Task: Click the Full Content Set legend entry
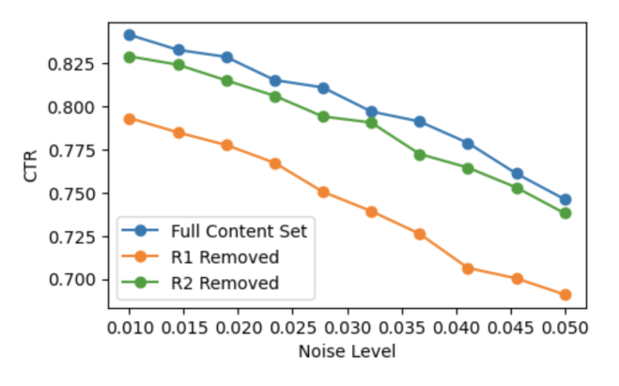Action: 239,231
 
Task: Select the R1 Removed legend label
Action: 225,257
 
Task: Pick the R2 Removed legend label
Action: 225,284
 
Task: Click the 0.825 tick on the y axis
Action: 71,64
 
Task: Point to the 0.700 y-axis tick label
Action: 71,280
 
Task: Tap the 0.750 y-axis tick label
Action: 71,193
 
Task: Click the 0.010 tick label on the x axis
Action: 130,328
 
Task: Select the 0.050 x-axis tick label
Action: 565,328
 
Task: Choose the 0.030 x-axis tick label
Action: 348,328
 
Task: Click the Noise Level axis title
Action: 347,351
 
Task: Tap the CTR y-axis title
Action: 30,166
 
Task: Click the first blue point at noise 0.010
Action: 130,35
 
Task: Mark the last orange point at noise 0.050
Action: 565,295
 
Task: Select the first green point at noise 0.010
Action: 130,57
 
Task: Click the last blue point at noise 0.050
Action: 565,200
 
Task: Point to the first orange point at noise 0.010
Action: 130,119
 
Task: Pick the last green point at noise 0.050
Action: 565,213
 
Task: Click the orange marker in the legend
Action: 140,256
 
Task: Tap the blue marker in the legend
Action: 140,230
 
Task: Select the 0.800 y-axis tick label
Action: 71,107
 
